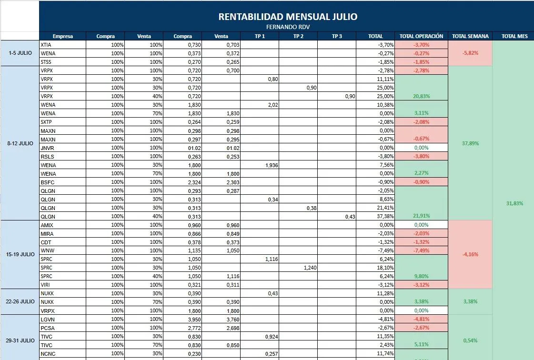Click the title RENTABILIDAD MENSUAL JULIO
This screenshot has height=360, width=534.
(x=288, y=17)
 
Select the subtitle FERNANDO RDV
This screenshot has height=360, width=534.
(x=288, y=27)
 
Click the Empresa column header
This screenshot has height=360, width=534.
(x=63, y=36)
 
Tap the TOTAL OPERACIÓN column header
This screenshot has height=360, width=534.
(x=421, y=36)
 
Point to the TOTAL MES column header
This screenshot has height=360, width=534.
(x=514, y=36)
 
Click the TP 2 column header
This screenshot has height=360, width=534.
(x=298, y=36)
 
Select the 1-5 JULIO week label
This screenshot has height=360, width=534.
(x=20, y=53)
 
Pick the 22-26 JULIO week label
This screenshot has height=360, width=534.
(x=20, y=301)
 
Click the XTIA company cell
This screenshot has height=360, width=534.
(x=46, y=45)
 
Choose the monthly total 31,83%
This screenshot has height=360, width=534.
(x=514, y=203)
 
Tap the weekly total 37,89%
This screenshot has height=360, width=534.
(x=470, y=143)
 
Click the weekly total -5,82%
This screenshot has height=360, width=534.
(x=470, y=53)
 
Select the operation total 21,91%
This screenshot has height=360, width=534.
(x=422, y=216)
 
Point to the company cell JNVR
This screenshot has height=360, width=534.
(x=48, y=148)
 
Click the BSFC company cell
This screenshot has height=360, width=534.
(x=48, y=182)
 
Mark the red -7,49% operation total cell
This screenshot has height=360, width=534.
(x=422, y=250)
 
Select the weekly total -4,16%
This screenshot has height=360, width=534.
(x=470, y=254)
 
